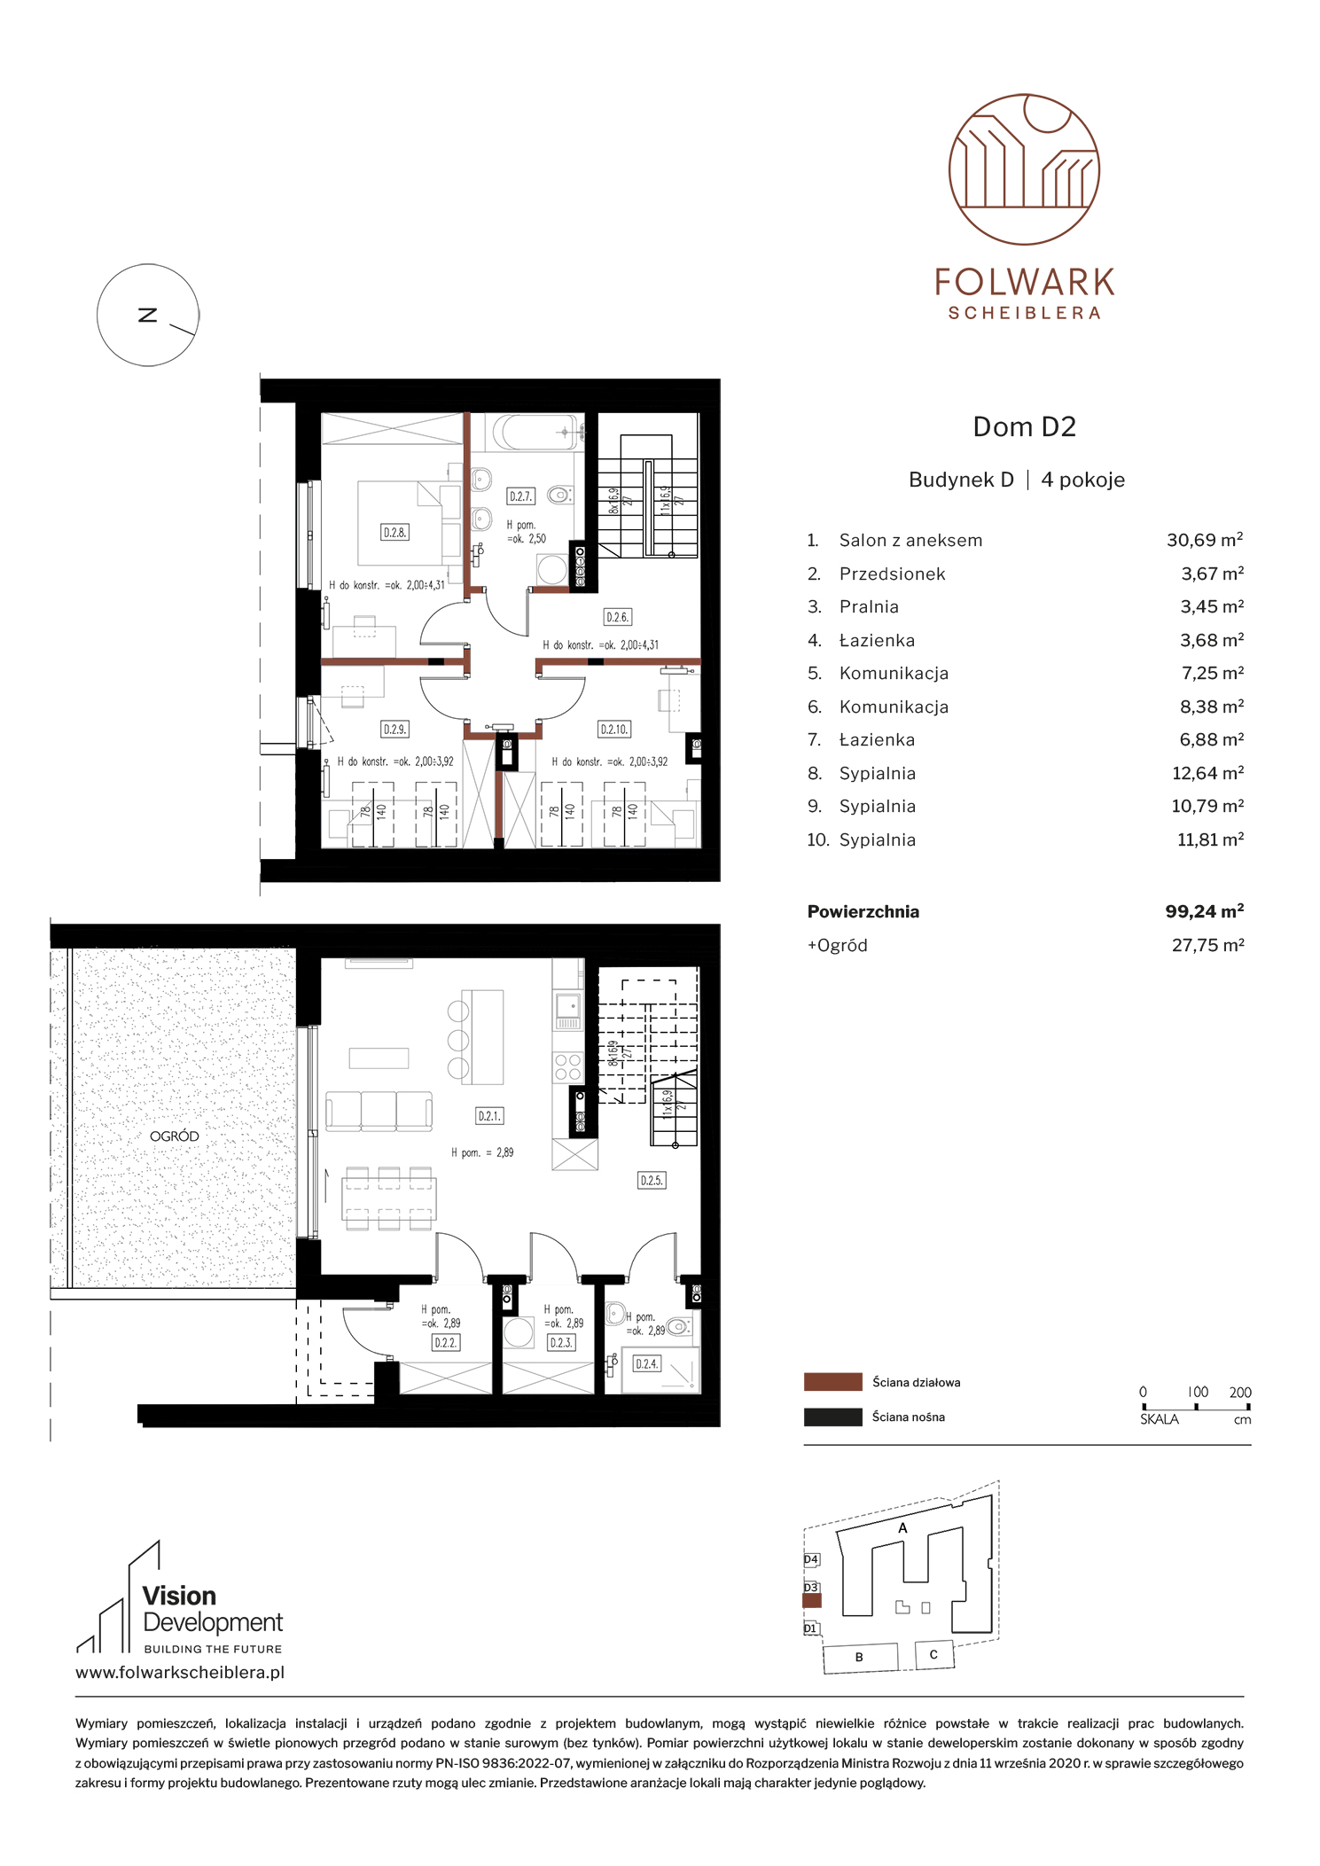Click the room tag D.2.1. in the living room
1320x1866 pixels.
click(489, 1116)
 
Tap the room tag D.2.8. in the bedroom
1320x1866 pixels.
click(394, 533)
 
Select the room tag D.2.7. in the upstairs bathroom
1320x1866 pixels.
click(520, 496)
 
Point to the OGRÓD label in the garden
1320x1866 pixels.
click(175, 1136)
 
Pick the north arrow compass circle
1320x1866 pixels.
click(147, 315)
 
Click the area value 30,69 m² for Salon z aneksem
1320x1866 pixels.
click(1205, 540)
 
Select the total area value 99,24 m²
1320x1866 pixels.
click(1205, 911)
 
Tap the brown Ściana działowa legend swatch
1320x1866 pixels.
click(832, 1382)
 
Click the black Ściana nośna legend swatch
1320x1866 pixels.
click(832, 1417)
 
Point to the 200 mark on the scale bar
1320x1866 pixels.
click(1240, 1393)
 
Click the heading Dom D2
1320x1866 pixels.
click(1024, 427)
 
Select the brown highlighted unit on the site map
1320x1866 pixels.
click(812, 1601)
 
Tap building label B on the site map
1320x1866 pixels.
click(859, 1657)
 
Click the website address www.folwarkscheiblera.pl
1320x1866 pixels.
click(180, 1673)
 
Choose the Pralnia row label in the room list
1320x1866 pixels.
click(869, 607)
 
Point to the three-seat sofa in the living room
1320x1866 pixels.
click(379, 1111)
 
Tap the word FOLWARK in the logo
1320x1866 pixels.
click(1025, 283)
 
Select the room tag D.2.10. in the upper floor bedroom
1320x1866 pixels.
click(614, 730)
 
